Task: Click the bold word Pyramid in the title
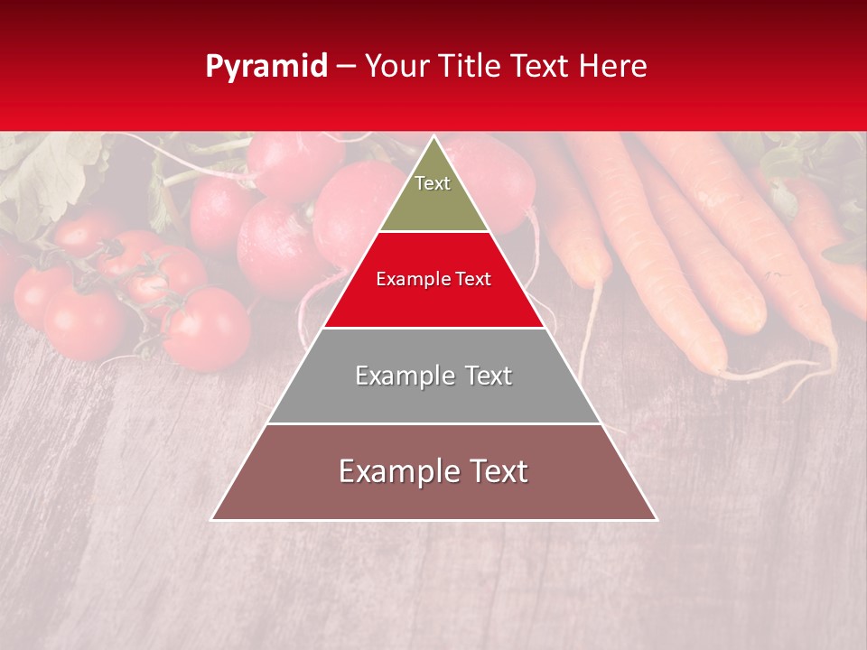click(x=266, y=67)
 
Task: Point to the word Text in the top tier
click(x=433, y=183)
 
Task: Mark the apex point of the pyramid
click(x=433, y=136)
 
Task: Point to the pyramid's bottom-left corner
click(x=212, y=519)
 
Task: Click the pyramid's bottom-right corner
click(x=656, y=519)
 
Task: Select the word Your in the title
click(x=394, y=67)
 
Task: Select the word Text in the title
click(x=539, y=67)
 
